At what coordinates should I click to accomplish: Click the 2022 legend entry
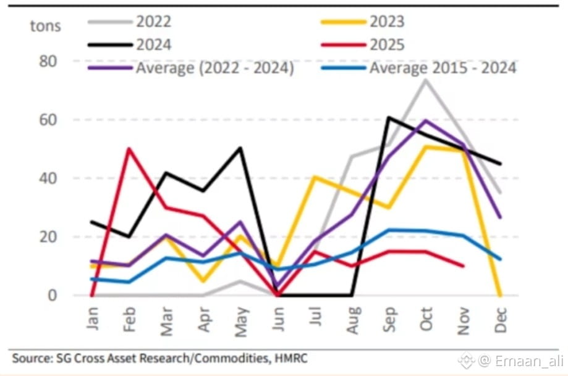[153, 22]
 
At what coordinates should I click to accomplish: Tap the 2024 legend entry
[153, 44]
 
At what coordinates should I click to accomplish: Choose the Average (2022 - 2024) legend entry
[214, 67]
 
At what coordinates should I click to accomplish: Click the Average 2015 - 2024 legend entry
[443, 67]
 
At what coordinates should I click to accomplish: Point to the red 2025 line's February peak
[129, 148]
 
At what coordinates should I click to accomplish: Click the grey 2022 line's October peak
[425, 80]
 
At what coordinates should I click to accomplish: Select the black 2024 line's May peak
[240, 148]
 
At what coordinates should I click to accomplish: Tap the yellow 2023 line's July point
[314, 177]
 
